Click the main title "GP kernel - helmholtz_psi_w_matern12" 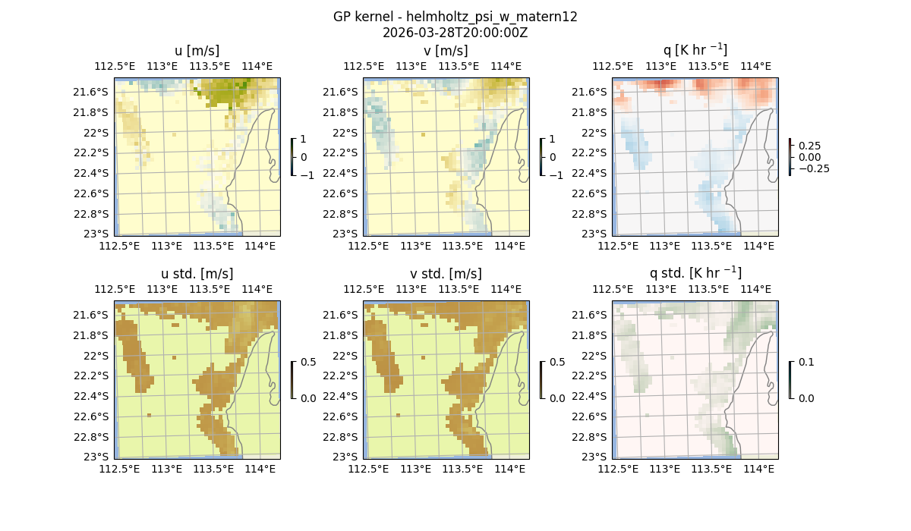point(455,17)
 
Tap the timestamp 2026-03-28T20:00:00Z point(455,33)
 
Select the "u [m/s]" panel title point(197,51)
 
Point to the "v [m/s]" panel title point(446,51)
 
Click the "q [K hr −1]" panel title point(695,50)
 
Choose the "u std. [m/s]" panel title point(197,274)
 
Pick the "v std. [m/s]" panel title point(446,274)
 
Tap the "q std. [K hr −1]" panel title point(695,273)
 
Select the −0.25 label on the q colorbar point(813,168)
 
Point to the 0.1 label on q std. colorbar point(805,363)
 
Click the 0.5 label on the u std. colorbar point(308,362)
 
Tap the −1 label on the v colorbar point(556,175)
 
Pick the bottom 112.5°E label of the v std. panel point(367,470)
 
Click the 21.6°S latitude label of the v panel point(342,93)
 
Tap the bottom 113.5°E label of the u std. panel point(213,470)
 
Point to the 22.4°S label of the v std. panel point(342,396)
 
